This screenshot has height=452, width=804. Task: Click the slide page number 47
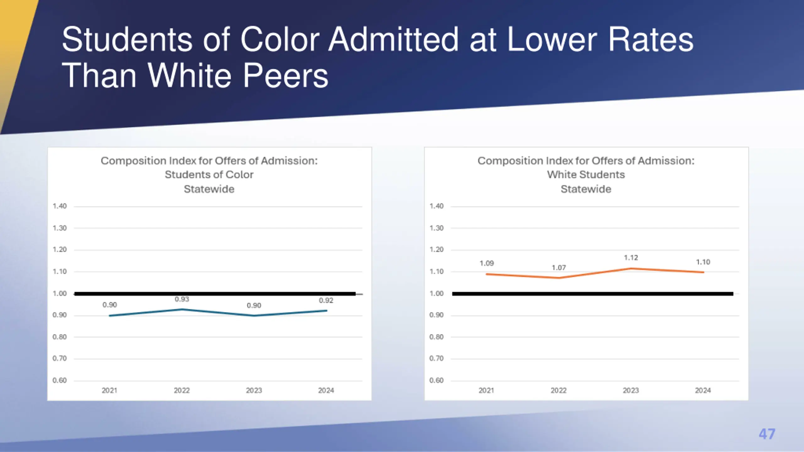click(x=767, y=434)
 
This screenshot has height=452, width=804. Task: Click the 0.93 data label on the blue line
click(x=182, y=299)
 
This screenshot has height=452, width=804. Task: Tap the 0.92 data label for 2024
click(x=326, y=300)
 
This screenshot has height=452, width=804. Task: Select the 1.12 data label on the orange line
click(x=631, y=258)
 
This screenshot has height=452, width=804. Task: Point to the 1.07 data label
click(x=559, y=268)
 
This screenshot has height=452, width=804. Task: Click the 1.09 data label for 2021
click(x=486, y=263)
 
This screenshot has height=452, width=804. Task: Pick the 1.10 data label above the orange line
click(x=703, y=262)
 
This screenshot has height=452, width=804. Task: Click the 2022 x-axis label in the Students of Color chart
click(x=182, y=390)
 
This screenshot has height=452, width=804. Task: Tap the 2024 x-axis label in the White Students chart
click(x=703, y=390)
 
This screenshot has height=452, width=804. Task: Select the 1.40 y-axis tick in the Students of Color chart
click(x=60, y=206)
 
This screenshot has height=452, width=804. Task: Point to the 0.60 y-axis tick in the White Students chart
click(x=437, y=380)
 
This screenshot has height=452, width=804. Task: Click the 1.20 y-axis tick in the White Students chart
click(x=437, y=250)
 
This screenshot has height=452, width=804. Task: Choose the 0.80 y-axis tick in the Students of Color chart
click(x=60, y=337)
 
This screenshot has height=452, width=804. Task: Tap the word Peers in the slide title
click(x=285, y=76)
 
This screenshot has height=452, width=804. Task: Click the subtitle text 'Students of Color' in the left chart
click(x=209, y=175)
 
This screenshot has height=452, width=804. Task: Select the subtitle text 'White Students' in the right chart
click(x=586, y=175)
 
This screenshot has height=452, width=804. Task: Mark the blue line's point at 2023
click(x=254, y=315)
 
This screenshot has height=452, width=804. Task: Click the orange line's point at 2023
click(x=631, y=268)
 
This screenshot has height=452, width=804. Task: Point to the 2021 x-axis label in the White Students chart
click(x=486, y=390)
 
